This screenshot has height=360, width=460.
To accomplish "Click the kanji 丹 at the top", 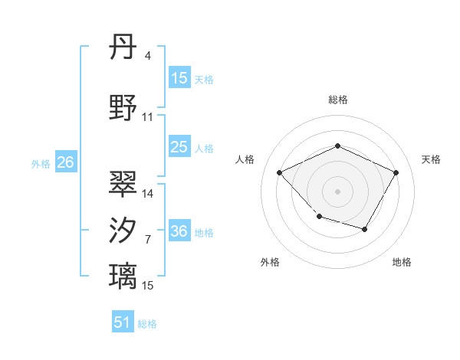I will pos(123,48).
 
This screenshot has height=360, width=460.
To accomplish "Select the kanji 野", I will pos(123,108).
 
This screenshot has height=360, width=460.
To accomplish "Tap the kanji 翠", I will pos(123,184).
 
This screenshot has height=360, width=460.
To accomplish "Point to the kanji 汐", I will pos(123,231).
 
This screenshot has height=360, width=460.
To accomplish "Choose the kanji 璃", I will pos(123,275).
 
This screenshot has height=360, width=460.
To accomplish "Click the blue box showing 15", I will pos(179,78).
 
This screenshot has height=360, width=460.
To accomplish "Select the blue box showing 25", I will pos(179,147).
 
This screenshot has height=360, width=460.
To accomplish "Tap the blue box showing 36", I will pos(179,231).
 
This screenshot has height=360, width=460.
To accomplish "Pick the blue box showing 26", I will pos(65,162).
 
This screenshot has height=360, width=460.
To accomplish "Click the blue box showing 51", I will pos(123,322).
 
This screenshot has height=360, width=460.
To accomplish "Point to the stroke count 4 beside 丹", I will pos(147,56).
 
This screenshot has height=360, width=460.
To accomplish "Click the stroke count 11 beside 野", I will pos(148,117).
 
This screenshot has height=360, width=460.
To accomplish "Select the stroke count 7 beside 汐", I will pos(147,240).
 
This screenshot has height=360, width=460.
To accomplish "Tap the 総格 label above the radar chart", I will pos(337,100).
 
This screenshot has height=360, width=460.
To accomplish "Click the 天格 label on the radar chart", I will pos(431,159).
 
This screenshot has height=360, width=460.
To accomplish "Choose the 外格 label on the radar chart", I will pos(270,262).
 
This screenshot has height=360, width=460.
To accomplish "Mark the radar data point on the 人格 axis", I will pos(280,173).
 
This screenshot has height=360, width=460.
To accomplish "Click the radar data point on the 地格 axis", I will pos(365,229).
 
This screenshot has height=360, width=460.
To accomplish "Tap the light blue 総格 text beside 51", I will pos(147,324).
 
